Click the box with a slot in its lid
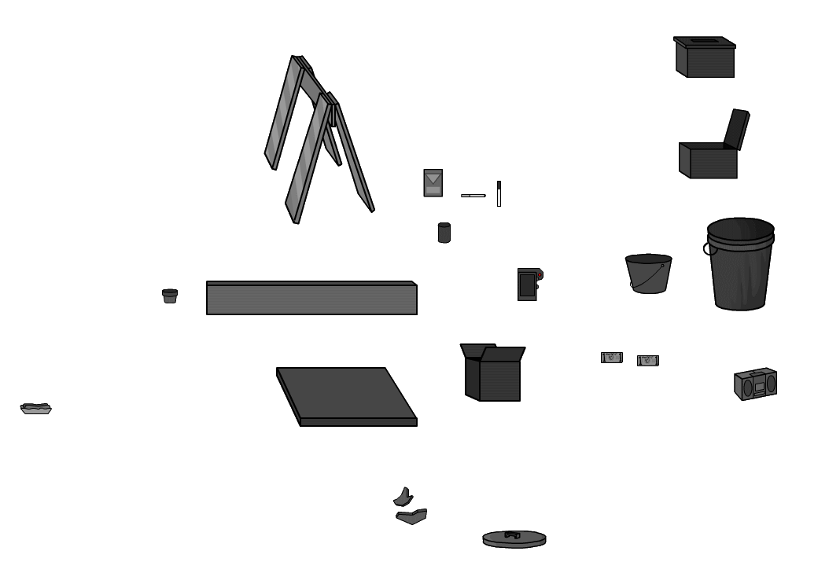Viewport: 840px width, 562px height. (x=704, y=58)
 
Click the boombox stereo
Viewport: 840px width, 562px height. (x=755, y=384)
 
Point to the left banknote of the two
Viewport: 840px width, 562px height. (x=611, y=358)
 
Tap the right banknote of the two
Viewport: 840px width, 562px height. (x=647, y=361)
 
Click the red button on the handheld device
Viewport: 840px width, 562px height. (x=540, y=274)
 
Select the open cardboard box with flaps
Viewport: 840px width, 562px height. (x=493, y=373)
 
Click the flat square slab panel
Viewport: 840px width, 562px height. (x=346, y=395)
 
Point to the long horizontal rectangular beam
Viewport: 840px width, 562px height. (x=311, y=299)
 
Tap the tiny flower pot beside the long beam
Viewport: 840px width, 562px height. (x=170, y=296)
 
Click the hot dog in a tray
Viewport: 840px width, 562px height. (x=35, y=408)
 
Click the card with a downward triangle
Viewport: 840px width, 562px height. (x=433, y=183)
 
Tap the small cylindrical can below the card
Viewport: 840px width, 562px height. (x=444, y=233)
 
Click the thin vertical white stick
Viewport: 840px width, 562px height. (x=499, y=193)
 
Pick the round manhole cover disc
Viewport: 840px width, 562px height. (x=514, y=539)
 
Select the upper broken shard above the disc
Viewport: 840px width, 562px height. (x=403, y=496)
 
